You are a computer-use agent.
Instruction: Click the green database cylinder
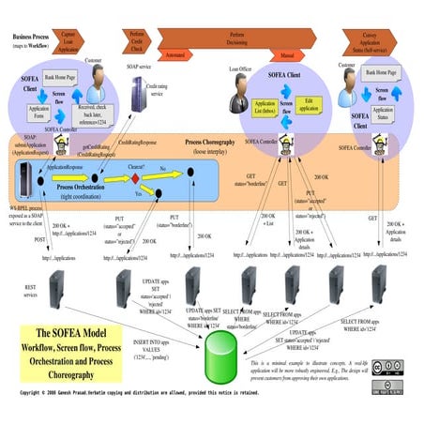[215, 353]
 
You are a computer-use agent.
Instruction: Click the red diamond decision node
[134, 178]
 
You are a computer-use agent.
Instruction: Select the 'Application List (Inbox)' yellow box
[265, 108]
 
